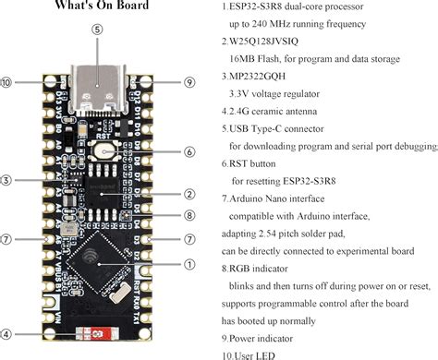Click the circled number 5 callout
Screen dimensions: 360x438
click(97, 29)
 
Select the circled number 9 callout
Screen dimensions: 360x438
click(189, 83)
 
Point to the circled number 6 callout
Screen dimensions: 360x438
click(189, 151)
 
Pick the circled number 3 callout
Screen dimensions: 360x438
click(6, 180)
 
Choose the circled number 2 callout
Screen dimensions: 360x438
click(189, 194)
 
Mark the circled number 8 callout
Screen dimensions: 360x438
click(189, 216)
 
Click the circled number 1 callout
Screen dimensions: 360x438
click(189, 264)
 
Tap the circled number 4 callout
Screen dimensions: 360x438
click(6, 334)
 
